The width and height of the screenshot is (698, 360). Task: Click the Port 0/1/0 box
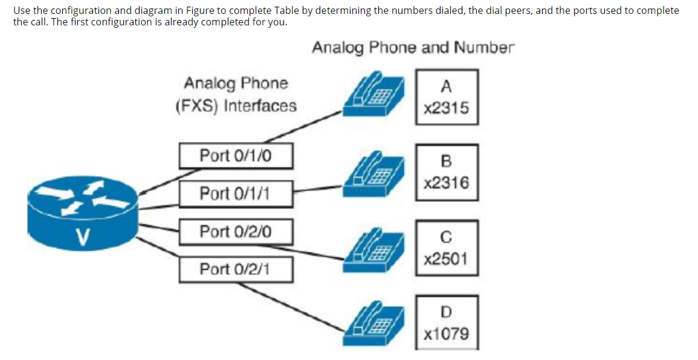coord(236,156)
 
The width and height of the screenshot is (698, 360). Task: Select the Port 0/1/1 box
coord(236,194)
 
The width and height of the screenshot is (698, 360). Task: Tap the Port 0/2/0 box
coord(236,232)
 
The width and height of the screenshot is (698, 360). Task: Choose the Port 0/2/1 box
coord(236,269)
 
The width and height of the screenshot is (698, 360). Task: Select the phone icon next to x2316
coord(373,175)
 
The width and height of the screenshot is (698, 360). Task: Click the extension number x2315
coord(446,109)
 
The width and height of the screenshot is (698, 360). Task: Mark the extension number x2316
coord(446,183)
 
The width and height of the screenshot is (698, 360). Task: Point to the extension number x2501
coord(446,260)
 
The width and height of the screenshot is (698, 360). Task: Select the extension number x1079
coord(446,334)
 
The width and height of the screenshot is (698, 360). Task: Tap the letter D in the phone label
coord(446,312)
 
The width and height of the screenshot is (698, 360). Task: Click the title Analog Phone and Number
coord(413,48)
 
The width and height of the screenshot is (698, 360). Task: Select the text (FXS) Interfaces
coord(236,106)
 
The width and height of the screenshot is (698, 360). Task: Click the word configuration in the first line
coord(80,11)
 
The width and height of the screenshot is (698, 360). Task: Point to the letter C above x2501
coord(446,237)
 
